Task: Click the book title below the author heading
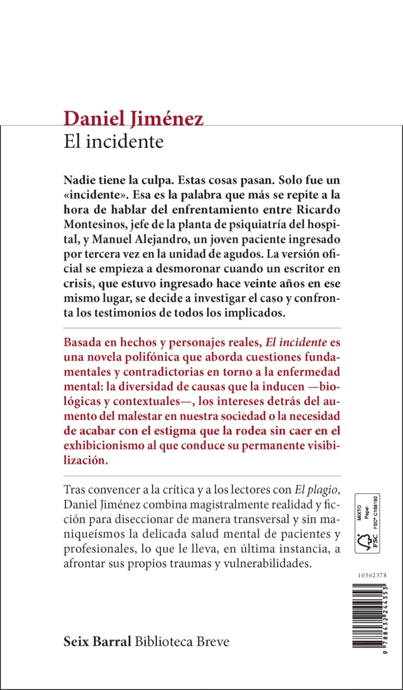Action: pyautogui.click(x=114, y=141)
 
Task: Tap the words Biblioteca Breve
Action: pyautogui.click(x=182, y=642)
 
